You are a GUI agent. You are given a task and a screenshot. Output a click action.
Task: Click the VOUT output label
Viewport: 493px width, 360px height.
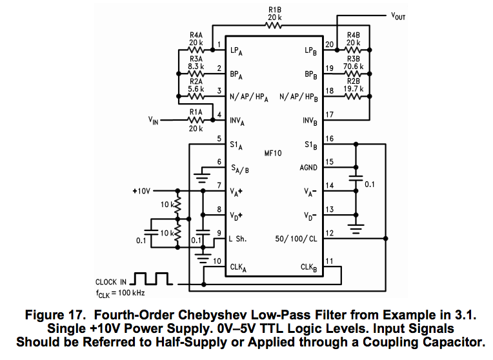click(399, 15)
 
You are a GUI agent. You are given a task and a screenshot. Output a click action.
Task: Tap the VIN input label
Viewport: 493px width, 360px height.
click(153, 120)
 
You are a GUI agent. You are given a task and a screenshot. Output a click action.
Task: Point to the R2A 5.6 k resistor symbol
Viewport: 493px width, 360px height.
click(196, 97)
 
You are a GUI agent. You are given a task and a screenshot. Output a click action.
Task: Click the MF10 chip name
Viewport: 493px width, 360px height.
click(274, 153)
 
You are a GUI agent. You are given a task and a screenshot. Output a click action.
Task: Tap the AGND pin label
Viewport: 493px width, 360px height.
click(308, 167)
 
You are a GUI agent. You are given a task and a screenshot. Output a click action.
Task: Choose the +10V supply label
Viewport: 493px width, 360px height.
click(141, 192)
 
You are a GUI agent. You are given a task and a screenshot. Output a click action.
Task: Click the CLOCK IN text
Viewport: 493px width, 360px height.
click(111, 282)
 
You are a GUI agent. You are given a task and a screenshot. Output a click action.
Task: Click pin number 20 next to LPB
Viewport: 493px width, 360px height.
click(329, 45)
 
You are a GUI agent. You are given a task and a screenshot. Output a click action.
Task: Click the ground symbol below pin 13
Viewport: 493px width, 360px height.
click(354, 226)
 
